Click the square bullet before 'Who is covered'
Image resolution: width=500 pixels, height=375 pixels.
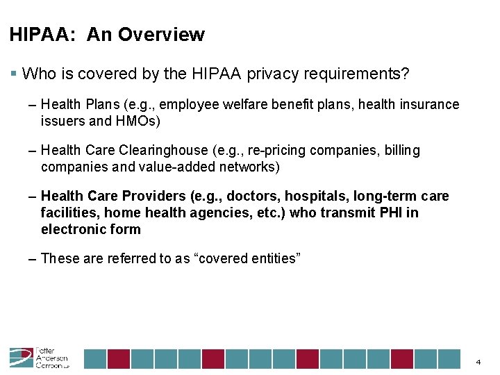14,73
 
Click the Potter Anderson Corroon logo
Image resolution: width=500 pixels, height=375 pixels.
39,357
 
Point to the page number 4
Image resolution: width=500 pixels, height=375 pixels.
478,362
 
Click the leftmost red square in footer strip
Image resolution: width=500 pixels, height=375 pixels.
119,358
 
